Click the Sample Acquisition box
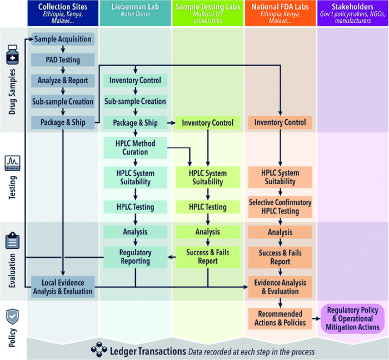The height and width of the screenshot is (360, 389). click(63, 39)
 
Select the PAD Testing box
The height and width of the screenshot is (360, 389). click(63, 59)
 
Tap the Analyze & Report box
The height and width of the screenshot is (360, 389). click(63, 81)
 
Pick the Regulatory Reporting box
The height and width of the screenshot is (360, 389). click(136, 257)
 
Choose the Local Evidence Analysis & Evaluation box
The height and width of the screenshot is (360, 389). click(63, 286)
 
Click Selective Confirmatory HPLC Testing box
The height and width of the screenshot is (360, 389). click(280, 207)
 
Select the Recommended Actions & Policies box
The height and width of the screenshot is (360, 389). click(280, 318)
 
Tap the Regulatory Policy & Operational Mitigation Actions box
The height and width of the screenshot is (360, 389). click(353, 319)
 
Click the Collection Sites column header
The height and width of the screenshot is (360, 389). click(63, 13)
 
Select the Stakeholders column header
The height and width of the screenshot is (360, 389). click(353, 13)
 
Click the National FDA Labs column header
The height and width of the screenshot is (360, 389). click(280, 13)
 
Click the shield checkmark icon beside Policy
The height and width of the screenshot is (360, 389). click(12, 317)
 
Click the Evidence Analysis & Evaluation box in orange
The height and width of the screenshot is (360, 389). click(280, 287)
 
